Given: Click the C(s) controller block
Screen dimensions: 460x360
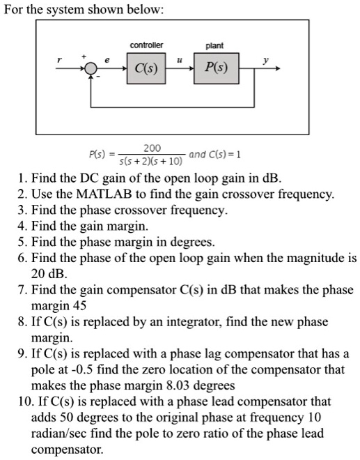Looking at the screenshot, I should pos(146,70).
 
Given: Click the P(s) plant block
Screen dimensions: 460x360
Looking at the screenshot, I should pos(216,70).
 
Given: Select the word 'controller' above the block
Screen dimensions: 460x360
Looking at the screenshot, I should pos(146,45).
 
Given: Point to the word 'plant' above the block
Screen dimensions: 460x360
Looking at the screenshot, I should pos(214,45).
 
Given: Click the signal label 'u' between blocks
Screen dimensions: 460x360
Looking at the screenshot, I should pos(180,62).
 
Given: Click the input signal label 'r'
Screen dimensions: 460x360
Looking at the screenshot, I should pos(61,61).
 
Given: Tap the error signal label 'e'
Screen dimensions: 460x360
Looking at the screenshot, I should pos(107,61).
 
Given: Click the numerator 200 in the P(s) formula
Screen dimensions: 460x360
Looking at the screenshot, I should pos(151,148).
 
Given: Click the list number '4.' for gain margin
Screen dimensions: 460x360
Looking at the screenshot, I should pos(23,226).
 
